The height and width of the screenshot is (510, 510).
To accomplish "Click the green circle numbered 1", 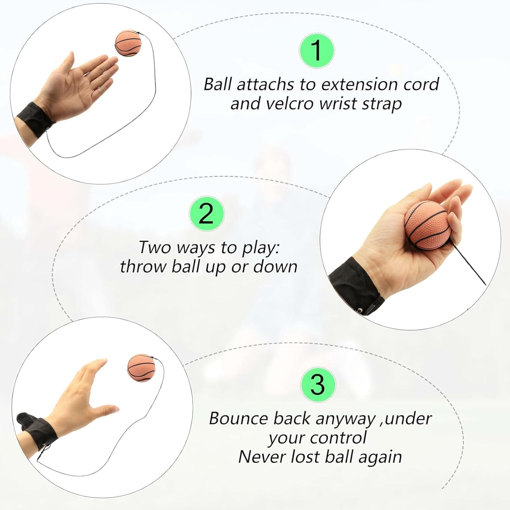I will [317, 51].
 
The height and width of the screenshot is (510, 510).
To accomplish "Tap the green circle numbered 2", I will [206, 214].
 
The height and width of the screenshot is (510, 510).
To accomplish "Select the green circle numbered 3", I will [318, 385].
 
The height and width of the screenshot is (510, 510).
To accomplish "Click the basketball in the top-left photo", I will [128, 44].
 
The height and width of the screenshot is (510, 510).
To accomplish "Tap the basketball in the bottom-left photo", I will [141, 368].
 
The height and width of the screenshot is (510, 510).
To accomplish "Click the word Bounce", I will [238, 418].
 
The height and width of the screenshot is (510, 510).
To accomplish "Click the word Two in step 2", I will [155, 247].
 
